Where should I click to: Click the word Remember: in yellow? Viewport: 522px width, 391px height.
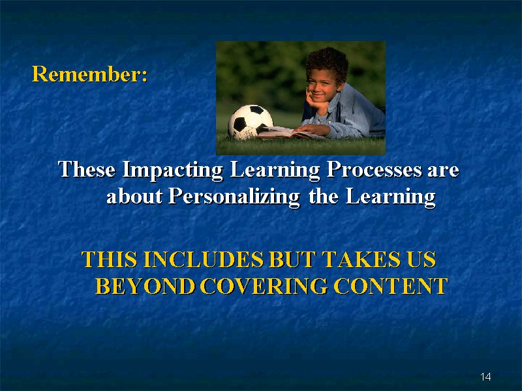click(89, 74)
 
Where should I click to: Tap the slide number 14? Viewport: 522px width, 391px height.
click(485, 377)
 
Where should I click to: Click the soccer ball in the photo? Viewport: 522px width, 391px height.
click(251, 122)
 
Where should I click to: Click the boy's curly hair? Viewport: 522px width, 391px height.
click(327, 63)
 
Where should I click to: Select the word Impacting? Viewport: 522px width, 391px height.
click(172, 170)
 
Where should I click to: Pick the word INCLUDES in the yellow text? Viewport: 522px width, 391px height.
click(204, 259)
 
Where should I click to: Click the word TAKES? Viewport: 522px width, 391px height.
click(361, 259)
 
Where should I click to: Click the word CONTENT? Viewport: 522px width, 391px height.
click(391, 286)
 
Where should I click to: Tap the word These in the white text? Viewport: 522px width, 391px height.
click(87, 169)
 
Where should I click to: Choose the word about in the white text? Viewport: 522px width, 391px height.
click(134, 196)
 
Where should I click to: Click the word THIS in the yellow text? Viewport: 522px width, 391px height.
click(109, 259)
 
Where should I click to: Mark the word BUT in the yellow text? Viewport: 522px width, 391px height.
click(292, 259)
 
